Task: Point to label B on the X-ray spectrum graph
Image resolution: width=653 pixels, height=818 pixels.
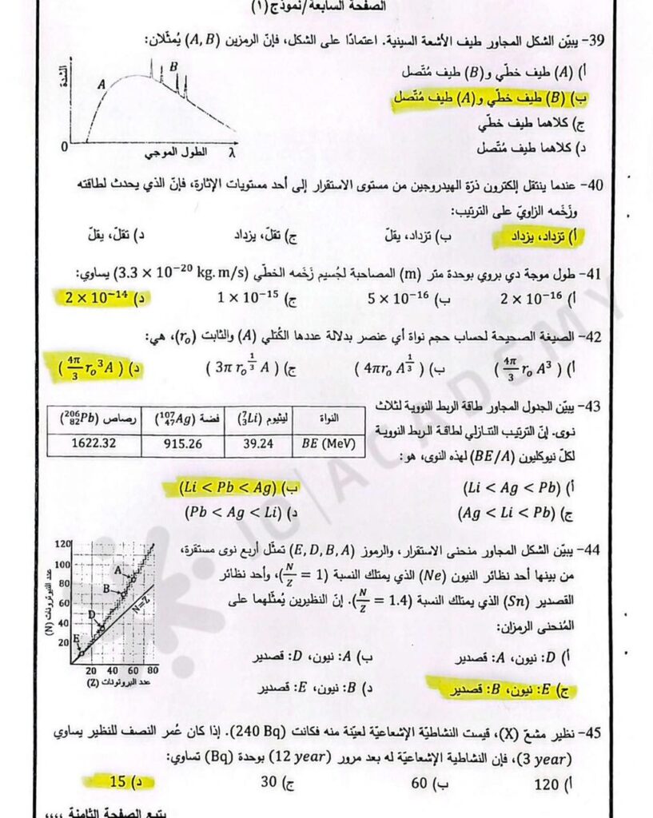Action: point(173,67)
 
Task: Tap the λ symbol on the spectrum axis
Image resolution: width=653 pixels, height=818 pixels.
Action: point(232,149)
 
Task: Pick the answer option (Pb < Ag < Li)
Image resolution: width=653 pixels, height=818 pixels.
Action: point(226,511)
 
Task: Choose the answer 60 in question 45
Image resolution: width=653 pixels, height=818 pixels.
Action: point(420,784)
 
